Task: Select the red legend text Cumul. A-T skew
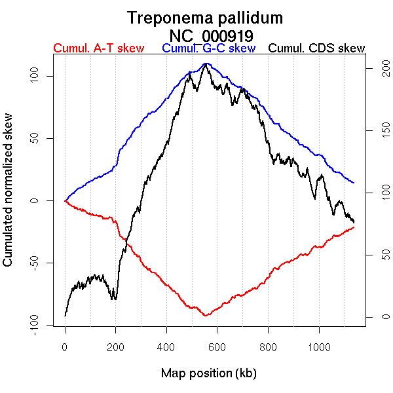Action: click(98, 48)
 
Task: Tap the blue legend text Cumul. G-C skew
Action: click(208, 48)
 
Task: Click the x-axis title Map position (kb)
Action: click(208, 373)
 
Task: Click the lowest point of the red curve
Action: click(206, 316)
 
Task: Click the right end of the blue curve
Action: click(354, 183)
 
